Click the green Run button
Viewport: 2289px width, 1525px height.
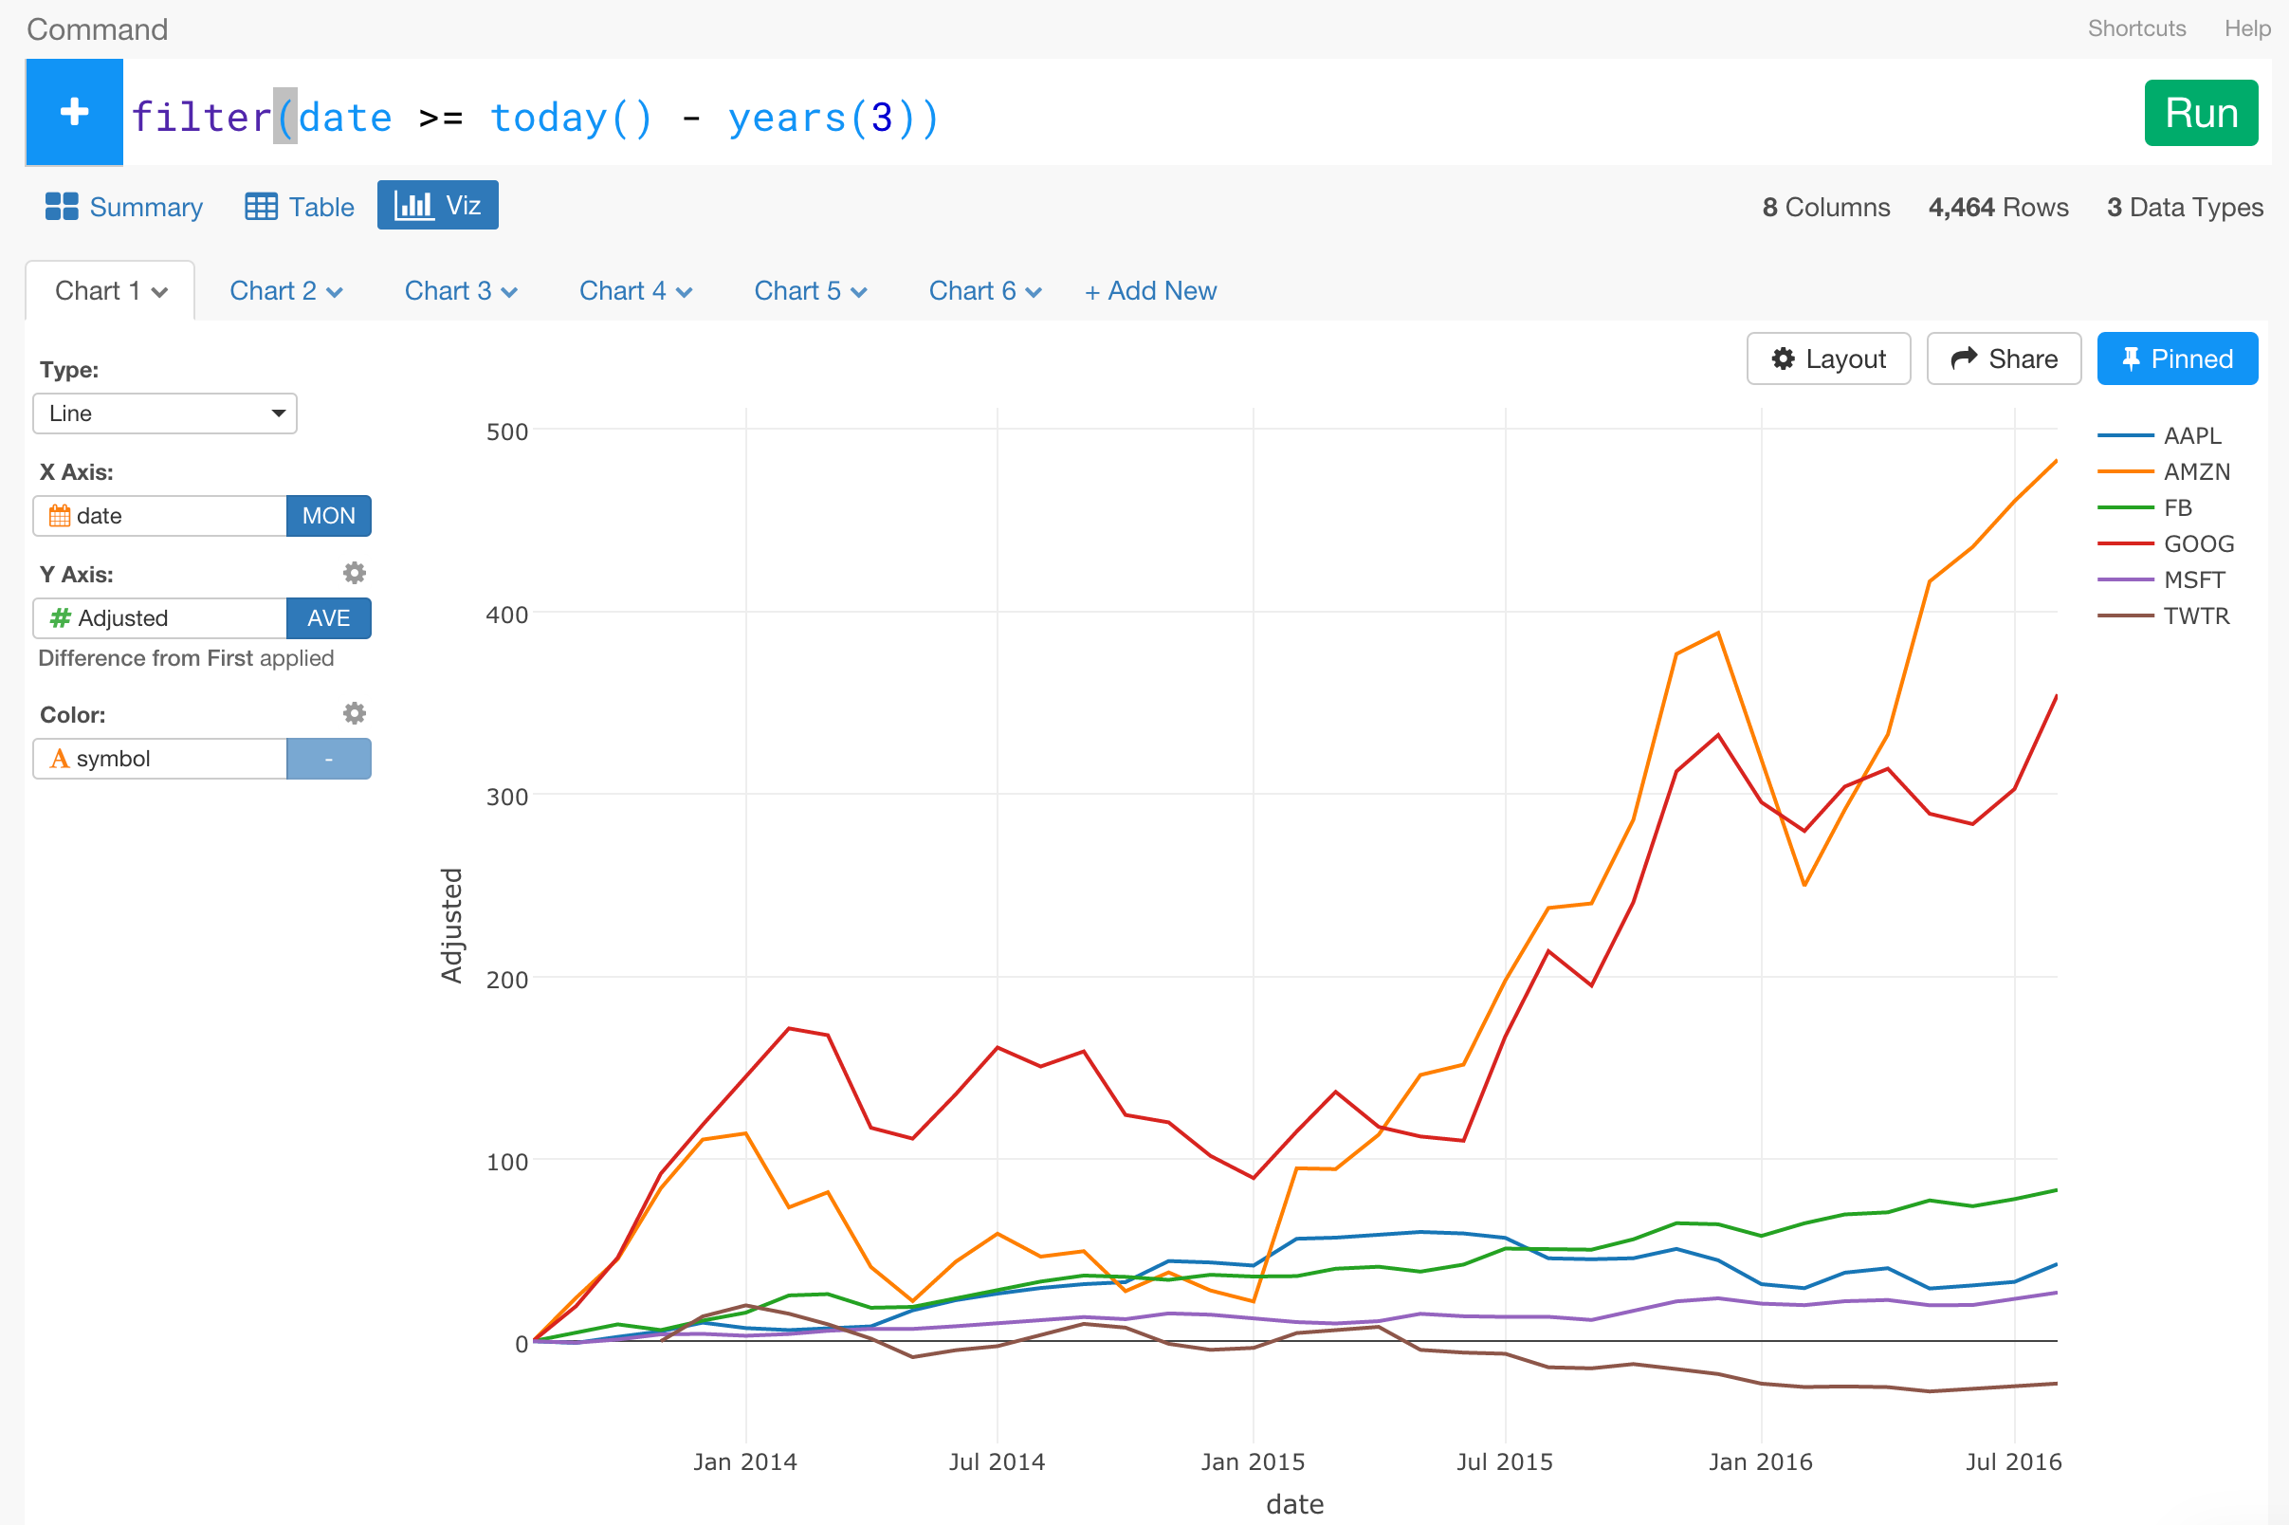pos(2201,113)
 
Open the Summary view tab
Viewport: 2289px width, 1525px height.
pos(124,206)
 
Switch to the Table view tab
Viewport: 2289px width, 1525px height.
pos(300,206)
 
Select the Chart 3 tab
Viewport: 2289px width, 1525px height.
pos(460,291)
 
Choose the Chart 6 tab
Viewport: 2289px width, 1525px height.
pos(984,291)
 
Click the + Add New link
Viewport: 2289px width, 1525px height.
pos(1150,291)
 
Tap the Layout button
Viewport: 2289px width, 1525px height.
pos(1828,358)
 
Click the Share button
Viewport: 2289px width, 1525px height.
pos(2004,358)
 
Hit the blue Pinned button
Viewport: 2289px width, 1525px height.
pos(2176,358)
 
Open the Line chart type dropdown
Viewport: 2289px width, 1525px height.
pos(164,413)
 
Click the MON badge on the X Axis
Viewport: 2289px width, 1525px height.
pos(329,516)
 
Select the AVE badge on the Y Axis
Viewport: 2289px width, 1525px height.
pos(329,617)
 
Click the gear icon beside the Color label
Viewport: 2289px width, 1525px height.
pos(355,714)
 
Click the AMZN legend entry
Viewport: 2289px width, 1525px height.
pos(2196,471)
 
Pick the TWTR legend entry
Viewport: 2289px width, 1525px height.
pos(2196,616)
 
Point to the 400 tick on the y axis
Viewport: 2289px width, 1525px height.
pos(506,615)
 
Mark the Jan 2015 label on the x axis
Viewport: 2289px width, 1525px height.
pos(1253,1461)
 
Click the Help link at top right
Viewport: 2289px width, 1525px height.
pos(2246,28)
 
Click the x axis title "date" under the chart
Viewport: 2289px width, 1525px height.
pos(1294,1504)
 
